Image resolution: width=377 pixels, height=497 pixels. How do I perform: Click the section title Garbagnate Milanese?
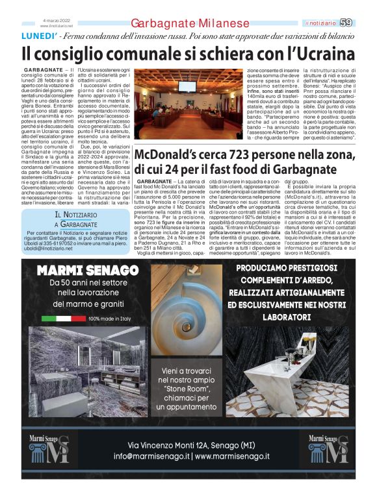click(190, 23)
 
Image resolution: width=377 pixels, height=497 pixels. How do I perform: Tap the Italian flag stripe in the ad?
click(64, 319)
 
